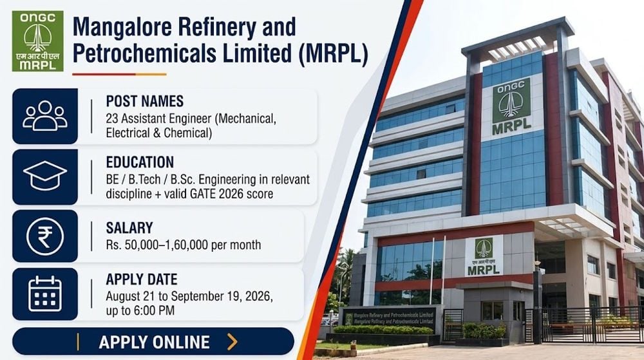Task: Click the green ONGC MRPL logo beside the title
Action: tap(37, 41)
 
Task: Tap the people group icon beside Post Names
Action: tap(45, 116)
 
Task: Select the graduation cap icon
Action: tap(45, 176)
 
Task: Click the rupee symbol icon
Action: tap(45, 237)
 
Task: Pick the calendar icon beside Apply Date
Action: tap(45, 294)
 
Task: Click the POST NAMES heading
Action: tap(144, 101)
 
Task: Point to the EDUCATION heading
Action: tap(140, 162)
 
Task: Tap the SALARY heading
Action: tap(129, 228)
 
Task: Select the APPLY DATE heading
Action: tap(142, 279)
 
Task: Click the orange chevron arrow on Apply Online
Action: tap(232, 341)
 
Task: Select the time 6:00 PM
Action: tap(154, 311)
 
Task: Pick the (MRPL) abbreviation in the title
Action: tap(333, 53)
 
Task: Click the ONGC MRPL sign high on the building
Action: tap(511, 107)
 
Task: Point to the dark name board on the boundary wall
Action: tap(389, 319)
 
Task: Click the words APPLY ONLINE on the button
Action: tap(155, 343)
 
